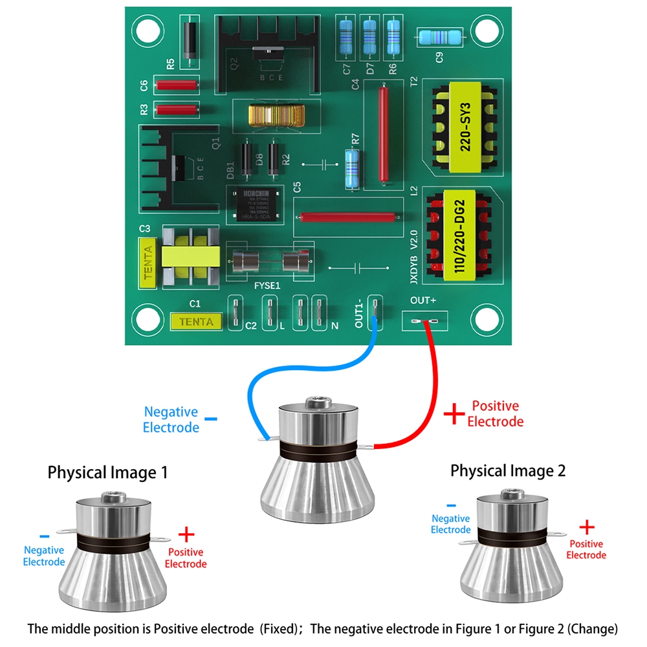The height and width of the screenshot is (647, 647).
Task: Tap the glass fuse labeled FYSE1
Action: pos(271,262)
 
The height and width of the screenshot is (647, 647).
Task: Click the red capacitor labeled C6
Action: pos(176,84)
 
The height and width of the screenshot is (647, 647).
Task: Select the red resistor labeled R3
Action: pos(176,110)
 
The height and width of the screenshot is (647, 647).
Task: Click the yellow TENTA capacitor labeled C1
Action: pos(195,321)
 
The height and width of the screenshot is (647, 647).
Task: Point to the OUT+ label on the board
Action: pos(423,301)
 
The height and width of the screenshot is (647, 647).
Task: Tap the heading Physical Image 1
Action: pos(107,473)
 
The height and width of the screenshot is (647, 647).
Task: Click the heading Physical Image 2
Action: pos(508,470)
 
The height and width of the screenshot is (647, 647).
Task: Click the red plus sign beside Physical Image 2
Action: pos(586,525)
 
